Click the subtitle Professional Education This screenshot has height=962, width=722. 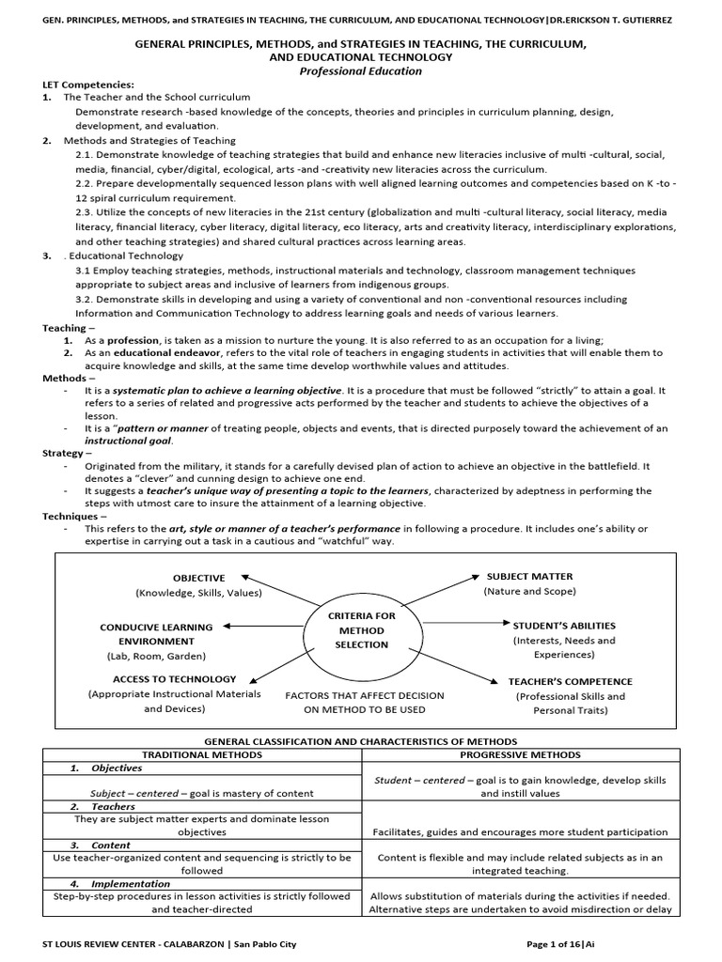360,70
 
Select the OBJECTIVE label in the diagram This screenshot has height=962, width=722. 198,578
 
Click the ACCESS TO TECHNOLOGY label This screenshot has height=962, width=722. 174,678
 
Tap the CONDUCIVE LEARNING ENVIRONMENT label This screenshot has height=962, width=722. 156,633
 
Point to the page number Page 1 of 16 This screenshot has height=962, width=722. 553,944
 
